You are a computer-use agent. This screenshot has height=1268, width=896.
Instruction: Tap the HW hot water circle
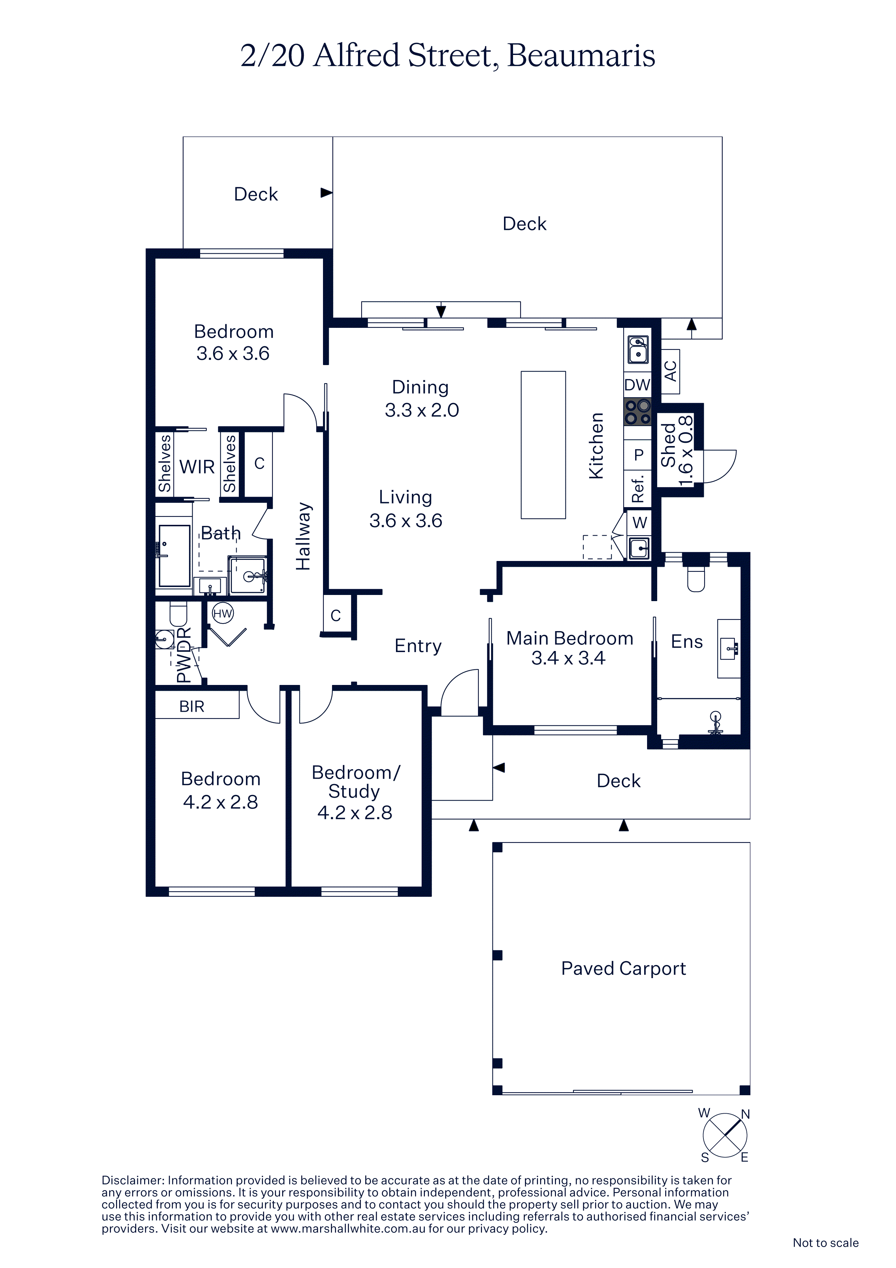[223, 613]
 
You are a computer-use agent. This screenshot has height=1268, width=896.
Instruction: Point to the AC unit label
[670, 371]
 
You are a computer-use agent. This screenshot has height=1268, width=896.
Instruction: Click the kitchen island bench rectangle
[543, 445]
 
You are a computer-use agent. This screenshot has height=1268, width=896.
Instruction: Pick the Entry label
[418, 646]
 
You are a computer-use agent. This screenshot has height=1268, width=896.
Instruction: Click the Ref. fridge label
[638, 488]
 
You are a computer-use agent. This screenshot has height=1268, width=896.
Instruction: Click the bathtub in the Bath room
[175, 556]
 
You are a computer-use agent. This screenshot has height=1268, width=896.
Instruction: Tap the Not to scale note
[825, 1243]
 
